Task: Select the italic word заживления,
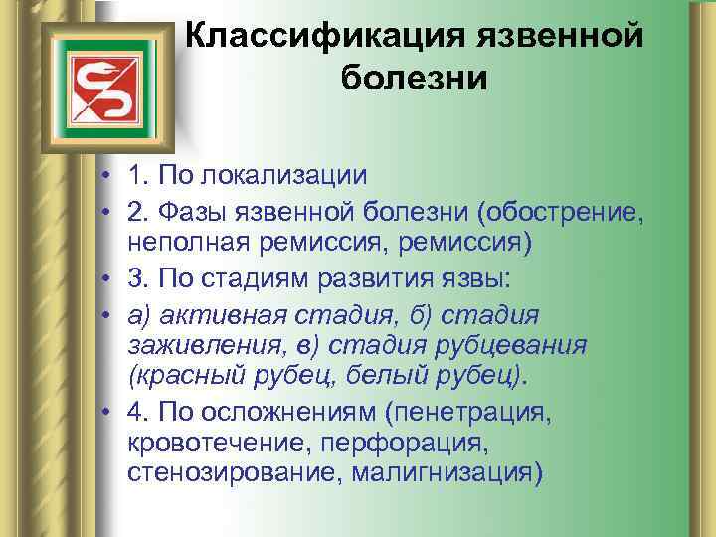coord(200,344)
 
